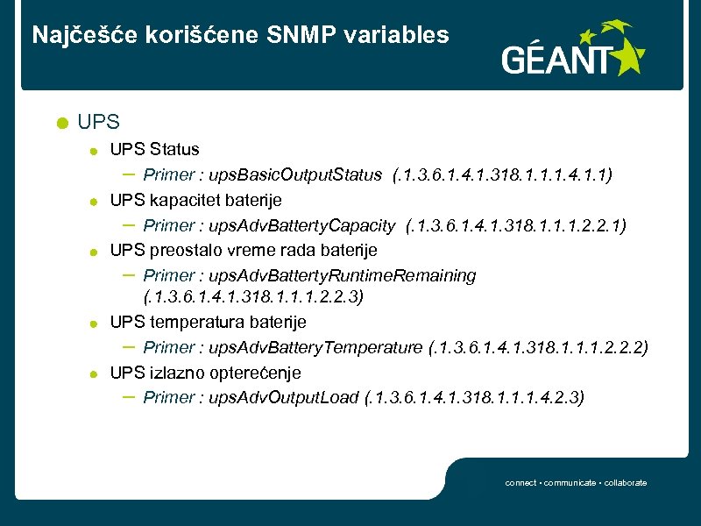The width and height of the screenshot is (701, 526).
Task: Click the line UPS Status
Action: coord(154,150)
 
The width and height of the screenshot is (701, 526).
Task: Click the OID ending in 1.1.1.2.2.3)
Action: coord(253,297)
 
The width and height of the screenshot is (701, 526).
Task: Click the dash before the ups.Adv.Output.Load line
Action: coord(127,396)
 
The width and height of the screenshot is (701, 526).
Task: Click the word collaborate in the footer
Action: coord(626,483)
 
